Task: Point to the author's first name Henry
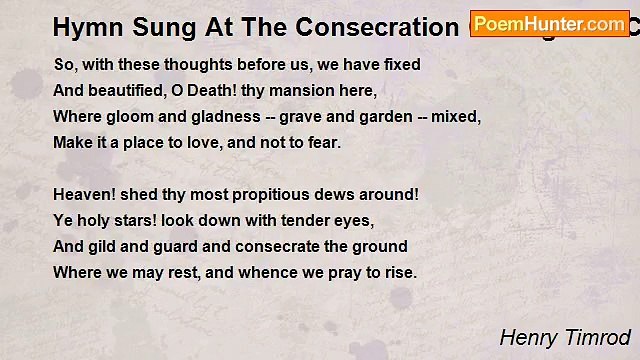(526, 337)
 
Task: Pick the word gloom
(127, 116)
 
